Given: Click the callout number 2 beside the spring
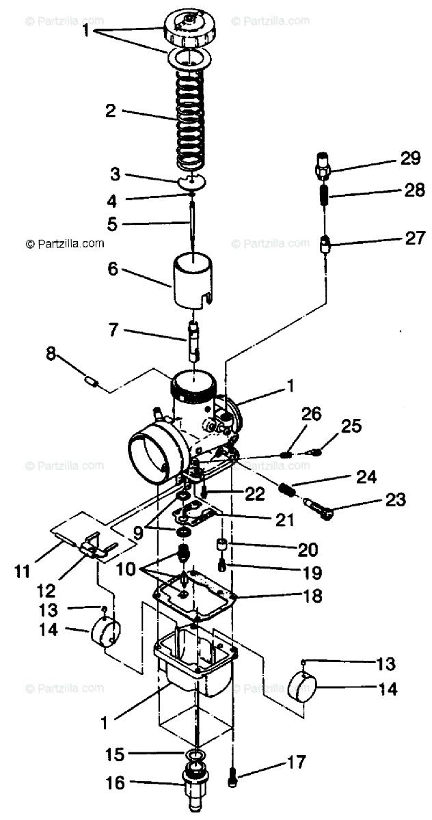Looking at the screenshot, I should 111,111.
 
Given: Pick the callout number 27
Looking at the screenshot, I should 415,238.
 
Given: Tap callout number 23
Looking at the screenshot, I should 395,501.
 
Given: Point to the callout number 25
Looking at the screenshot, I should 351,426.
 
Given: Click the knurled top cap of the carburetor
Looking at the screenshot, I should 191,25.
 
